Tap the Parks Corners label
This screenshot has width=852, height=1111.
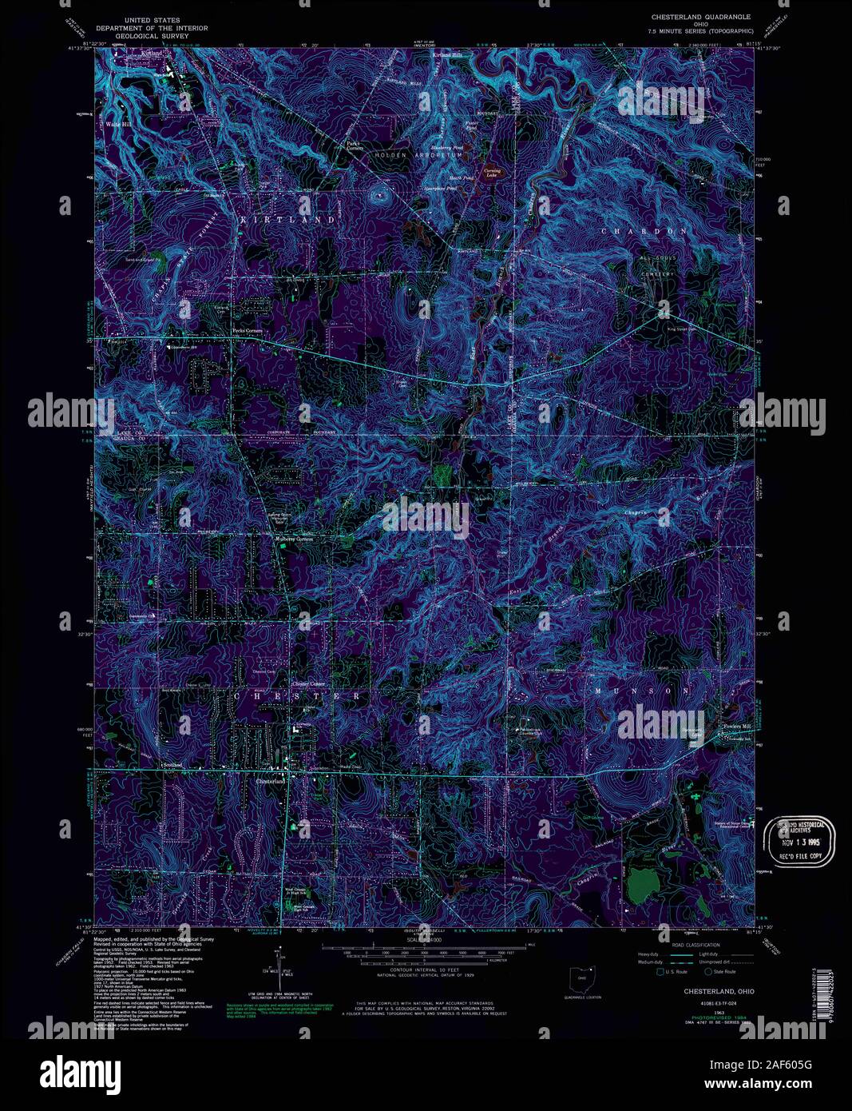pos(355,146)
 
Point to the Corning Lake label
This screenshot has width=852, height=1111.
pos(491,171)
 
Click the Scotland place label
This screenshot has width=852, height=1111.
pos(172,765)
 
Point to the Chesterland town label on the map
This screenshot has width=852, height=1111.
pos(271,781)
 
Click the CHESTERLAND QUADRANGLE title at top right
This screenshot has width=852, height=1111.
pos(701,16)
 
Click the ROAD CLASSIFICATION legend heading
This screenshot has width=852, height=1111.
pos(695,945)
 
